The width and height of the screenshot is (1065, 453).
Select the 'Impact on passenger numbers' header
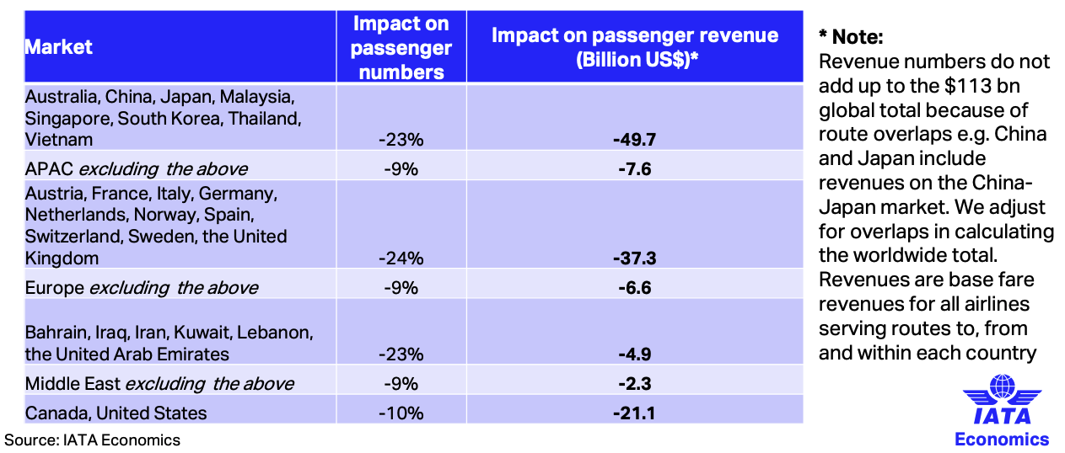tap(401, 47)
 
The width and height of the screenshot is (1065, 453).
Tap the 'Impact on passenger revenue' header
tap(634, 47)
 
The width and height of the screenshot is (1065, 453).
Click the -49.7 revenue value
tap(634, 139)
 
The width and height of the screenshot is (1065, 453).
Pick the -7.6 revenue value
tap(634, 169)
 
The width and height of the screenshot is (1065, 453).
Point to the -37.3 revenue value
tap(634, 258)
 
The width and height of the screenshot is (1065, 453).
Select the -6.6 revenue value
tap(634, 288)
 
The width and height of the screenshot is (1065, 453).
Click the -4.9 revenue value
tap(634, 354)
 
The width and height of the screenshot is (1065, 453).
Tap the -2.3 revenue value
tap(634, 384)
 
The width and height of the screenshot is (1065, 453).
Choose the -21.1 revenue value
tap(634, 413)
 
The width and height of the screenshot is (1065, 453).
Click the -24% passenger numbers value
tap(401, 258)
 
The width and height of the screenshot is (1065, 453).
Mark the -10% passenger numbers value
tap(401, 413)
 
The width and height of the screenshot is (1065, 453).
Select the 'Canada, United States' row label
tap(116, 413)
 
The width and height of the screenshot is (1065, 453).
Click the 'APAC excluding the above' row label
tap(137, 168)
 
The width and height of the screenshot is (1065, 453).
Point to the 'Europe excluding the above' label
tap(142, 288)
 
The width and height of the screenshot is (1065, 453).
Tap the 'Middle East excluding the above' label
tap(159, 384)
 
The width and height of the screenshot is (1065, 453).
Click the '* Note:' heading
tap(851, 37)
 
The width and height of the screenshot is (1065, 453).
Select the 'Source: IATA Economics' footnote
tap(92, 440)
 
